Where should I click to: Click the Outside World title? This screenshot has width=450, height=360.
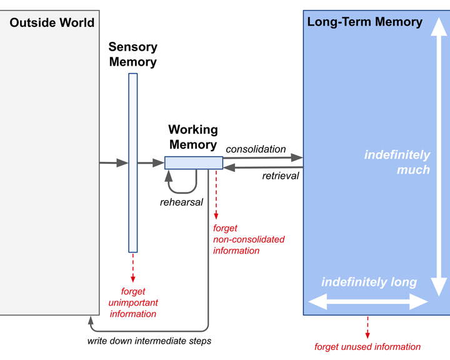(x=52, y=22)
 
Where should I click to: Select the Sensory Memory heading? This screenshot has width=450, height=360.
(x=133, y=54)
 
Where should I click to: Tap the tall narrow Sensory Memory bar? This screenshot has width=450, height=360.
(x=133, y=162)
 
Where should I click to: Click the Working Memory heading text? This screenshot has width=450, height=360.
(x=193, y=137)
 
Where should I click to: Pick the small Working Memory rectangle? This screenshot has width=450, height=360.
(x=194, y=162)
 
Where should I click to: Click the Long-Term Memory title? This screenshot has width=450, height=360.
(x=365, y=22)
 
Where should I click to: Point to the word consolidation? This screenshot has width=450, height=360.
(x=256, y=149)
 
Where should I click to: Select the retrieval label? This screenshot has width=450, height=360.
(x=281, y=176)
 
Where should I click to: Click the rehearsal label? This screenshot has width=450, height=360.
(x=181, y=202)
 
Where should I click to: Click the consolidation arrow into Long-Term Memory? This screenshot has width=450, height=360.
(x=263, y=157)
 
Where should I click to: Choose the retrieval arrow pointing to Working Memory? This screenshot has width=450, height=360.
(x=263, y=167)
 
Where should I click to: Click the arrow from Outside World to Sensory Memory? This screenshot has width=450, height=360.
(x=114, y=162)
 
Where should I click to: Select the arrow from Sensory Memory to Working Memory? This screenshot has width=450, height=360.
(x=151, y=162)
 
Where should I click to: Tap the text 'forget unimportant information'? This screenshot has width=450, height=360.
(x=133, y=302)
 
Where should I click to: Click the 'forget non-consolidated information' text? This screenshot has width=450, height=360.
(x=249, y=239)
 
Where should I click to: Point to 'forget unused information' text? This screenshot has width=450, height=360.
(x=367, y=347)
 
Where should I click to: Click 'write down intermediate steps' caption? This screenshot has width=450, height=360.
(x=149, y=341)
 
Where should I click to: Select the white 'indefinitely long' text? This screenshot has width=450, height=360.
(x=369, y=282)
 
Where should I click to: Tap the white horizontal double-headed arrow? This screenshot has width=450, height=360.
(x=368, y=302)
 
